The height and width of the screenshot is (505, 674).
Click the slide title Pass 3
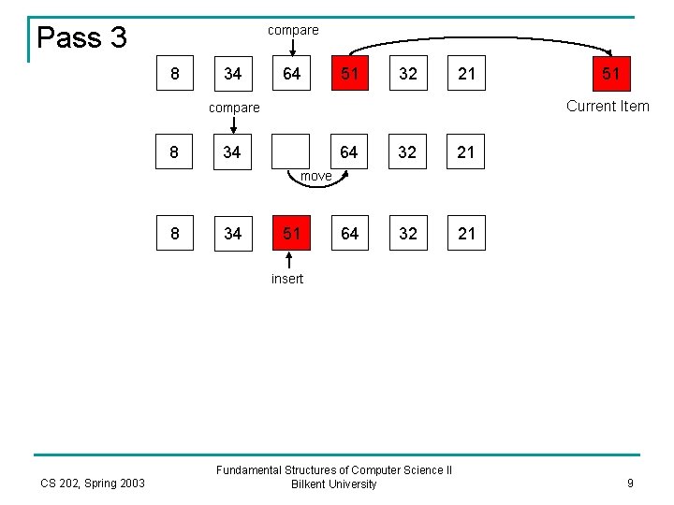(81, 37)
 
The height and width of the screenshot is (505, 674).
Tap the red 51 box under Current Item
(610, 73)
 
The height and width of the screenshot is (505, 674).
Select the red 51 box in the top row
(349, 73)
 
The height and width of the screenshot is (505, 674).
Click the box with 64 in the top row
(291, 73)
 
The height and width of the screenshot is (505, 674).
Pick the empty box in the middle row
(290, 151)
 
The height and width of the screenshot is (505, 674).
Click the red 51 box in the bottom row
(291, 233)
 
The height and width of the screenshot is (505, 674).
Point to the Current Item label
(608, 106)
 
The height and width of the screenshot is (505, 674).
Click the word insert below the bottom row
(287, 279)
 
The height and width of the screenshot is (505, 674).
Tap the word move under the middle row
(315, 176)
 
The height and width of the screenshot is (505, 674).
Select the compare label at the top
(293, 30)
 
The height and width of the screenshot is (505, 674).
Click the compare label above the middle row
(234, 108)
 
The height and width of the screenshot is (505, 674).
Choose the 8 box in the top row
(175, 73)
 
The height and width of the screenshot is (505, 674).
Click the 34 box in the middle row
(233, 151)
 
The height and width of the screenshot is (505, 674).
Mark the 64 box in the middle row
(349, 151)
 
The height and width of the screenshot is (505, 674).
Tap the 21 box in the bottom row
(465, 233)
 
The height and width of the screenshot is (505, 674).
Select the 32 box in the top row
(407, 73)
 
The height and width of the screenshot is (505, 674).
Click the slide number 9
(630, 483)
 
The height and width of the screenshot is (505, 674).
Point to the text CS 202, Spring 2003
(93, 483)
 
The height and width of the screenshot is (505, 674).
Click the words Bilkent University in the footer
(334, 484)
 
